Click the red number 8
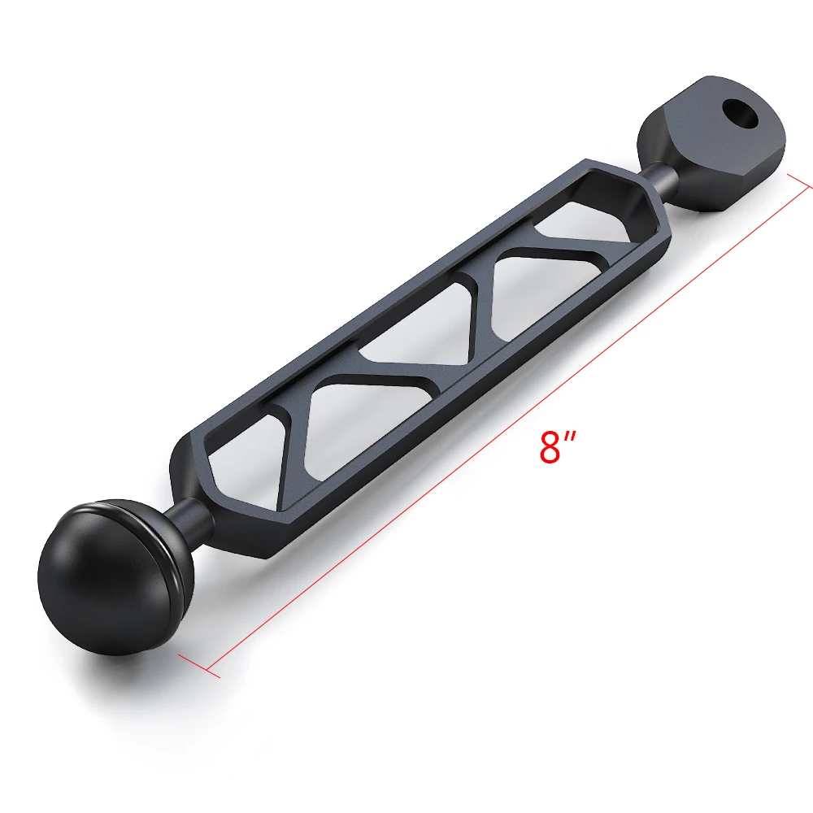click(x=550, y=447)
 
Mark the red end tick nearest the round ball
click(x=199, y=666)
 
